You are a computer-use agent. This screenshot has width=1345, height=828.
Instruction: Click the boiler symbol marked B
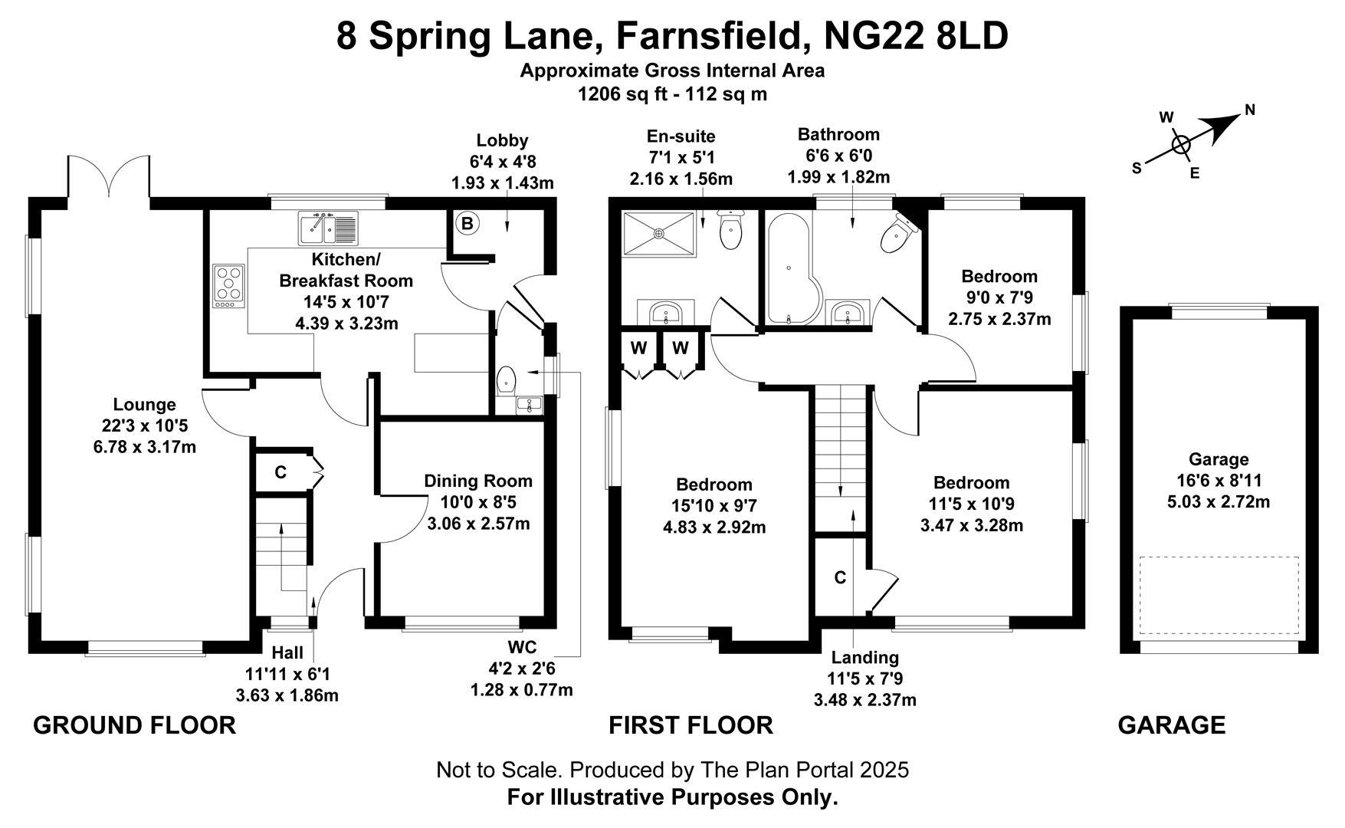click(467, 224)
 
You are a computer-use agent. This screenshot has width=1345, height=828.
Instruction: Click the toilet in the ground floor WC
click(507, 379)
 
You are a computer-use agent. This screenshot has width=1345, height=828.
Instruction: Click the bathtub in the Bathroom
click(791, 270)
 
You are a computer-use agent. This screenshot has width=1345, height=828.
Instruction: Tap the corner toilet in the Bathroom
click(897, 234)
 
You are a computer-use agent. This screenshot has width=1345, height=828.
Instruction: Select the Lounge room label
click(144, 404)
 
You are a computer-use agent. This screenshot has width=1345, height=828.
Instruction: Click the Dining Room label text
click(477, 481)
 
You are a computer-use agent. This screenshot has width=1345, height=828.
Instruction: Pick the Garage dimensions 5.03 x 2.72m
click(1218, 502)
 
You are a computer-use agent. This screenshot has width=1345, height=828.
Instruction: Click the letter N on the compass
click(1250, 110)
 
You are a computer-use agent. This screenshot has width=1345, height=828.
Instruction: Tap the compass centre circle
click(1181, 143)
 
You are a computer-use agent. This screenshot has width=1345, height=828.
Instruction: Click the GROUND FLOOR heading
click(134, 724)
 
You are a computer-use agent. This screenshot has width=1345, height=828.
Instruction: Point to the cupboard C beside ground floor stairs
click(280, 472)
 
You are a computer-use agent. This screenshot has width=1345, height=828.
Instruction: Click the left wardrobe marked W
click(638, 348)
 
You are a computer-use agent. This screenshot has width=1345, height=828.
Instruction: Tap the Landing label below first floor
click(864, 657)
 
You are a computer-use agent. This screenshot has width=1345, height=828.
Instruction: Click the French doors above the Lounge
click(108, 178)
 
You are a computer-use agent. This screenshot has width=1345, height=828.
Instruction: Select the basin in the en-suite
click(665, 314)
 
